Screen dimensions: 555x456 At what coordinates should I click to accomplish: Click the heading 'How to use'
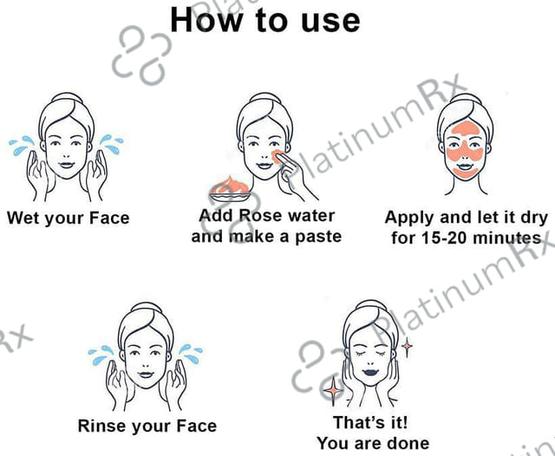[265, 20]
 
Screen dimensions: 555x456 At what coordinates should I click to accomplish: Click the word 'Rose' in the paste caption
[260, 216]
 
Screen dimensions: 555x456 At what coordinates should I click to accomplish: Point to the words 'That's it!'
[370, 422]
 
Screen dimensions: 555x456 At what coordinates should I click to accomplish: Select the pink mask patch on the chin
[465, 173]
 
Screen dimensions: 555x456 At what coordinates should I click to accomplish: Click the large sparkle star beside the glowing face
[333, 390]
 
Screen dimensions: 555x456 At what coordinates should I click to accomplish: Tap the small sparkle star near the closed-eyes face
[407, 346]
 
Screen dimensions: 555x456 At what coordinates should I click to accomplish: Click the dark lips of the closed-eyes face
[370, 372]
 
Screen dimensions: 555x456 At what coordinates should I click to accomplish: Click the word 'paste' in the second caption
[318, 237]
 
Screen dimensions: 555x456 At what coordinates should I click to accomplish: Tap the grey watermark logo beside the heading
[141, 55]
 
